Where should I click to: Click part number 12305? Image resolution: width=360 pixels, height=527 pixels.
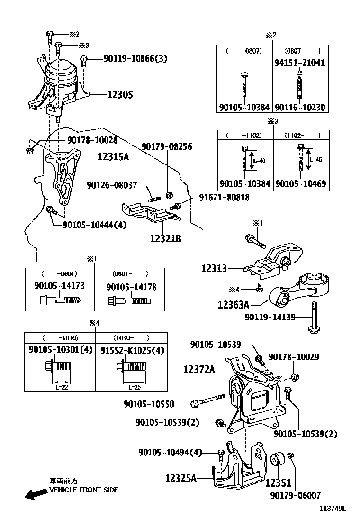click(119, 95)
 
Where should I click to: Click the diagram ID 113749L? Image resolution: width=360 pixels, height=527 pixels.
click(332, 509)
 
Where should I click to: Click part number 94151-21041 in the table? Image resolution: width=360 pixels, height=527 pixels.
click(300, 63)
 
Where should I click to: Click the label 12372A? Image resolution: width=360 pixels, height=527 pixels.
click(199, 369)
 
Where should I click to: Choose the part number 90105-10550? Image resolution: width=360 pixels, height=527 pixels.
click(149, 404)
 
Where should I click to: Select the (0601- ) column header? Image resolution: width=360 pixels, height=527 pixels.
click(130, 273)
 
